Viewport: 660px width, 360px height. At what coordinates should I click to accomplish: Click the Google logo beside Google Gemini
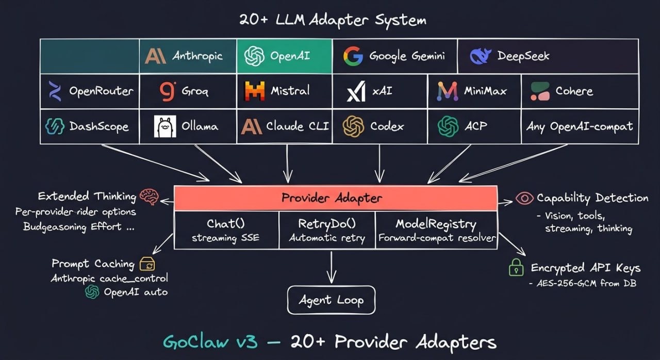pyautogui.click(x=353, y=56)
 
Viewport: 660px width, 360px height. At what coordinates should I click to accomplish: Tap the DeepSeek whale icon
pyautogui.click(x=481, y=56)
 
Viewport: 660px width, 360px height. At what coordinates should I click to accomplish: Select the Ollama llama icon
pyautogui.click(x=165, y=126)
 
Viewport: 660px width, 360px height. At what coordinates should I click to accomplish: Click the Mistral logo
pyautogui.click(x=255, y=91)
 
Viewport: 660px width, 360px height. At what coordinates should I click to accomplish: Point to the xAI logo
pyautogui.click(x=356, y=91)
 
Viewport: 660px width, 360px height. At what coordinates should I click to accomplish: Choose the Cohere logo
pyautogui.click(x=540, y=91)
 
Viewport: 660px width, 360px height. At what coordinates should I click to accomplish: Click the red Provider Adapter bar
pyautogui.click(x=335, y=198)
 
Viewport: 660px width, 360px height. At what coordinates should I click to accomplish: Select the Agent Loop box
pyautogui.click(x=331, y=300)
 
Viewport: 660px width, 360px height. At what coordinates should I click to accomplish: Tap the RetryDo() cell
pyautogui.click(x=327, y=230)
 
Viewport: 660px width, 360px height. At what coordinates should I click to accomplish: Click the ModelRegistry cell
pyautogui.click(x=436, y=230)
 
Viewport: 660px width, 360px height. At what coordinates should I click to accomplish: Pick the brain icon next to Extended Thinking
pyautogui.click(x=150, y=196)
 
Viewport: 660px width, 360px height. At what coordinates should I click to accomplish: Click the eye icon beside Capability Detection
pyautogui.click(x=524, y=198)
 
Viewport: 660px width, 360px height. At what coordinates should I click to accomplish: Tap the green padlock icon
pyautogui.click(x=516, y=267)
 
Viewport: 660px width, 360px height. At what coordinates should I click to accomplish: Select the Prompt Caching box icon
pyautogui.click(x=147, y=264)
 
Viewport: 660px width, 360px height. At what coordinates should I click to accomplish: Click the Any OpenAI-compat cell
pyautogui.click(x=580, y=126)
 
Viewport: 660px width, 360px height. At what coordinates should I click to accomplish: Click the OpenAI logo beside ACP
pyautogui.click(x=448, y=126)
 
